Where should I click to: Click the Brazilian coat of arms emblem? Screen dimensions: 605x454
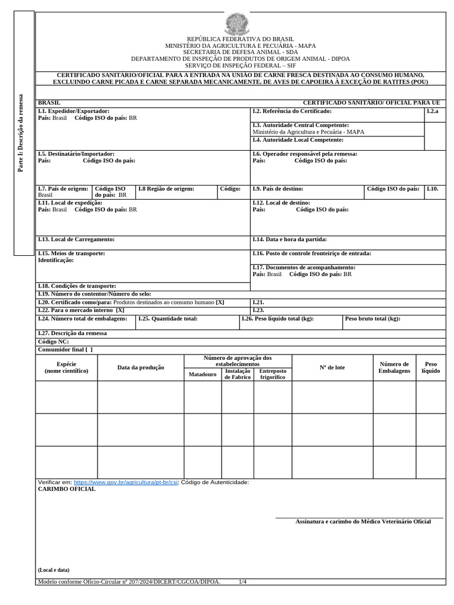tap(238, 24)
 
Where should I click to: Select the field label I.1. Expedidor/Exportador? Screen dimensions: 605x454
tap(74, 111)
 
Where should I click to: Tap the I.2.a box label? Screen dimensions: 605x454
tap(433, 111)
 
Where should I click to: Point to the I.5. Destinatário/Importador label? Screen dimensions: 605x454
tap(76, 154)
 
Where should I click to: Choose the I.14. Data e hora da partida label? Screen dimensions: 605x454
tap(289, 239)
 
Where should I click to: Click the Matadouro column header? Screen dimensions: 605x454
tap(202, 374)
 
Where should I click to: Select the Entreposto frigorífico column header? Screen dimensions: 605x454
tap(273, 374)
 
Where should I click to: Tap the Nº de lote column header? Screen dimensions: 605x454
tap(332, 367)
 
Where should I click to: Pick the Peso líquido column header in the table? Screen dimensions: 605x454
tap(430, 367)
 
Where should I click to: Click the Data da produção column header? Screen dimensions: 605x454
tap(141, 367)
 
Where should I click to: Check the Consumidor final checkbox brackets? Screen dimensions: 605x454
tap(89, 349)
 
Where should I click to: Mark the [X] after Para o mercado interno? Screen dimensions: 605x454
tap(120, 310)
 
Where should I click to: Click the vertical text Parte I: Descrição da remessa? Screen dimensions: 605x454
tap(21, 133)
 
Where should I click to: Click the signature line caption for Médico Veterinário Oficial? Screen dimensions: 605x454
tap(363, 522)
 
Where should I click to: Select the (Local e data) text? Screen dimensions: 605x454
tap(53, 570)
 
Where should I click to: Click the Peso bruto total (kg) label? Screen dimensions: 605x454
tap(372, 318)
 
